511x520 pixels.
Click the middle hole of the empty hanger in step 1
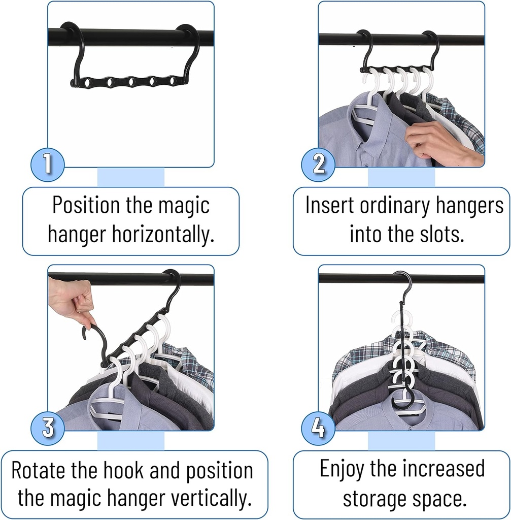tap(131, 81)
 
